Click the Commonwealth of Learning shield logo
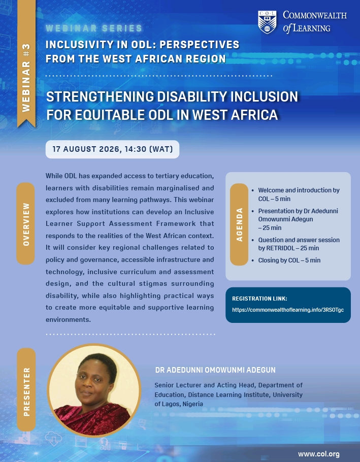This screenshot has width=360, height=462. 267,22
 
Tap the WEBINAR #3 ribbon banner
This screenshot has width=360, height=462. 26,63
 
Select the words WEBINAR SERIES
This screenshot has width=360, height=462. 94,28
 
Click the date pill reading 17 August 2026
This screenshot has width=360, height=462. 112,149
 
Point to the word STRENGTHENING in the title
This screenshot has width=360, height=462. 100,96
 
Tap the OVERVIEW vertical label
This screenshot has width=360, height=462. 25,223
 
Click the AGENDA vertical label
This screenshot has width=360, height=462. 239,224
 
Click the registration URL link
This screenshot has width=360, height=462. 288,310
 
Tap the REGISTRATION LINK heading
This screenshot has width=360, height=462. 259,299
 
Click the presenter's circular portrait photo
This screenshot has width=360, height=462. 94,391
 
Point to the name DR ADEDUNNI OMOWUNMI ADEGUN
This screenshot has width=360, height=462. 215,370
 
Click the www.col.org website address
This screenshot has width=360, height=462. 319,454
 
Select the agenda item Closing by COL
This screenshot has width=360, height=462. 289,260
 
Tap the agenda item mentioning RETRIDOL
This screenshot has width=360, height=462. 299,244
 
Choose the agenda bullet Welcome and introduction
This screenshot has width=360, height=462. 299,194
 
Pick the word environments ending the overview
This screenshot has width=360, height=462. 68,320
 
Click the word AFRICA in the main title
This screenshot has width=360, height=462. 254,115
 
